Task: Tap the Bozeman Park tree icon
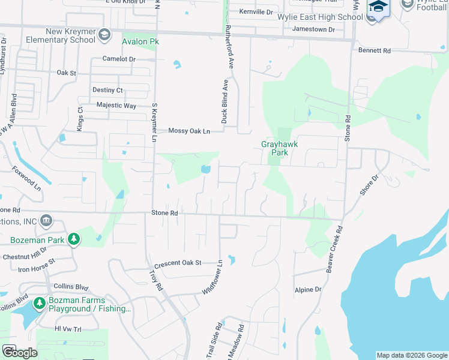point(74,239)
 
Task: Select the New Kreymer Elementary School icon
point(104,35)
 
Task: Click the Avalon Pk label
point(140,42)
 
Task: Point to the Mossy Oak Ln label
point(189,131)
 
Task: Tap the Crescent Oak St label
point(177,263)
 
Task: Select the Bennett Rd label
point(373,51)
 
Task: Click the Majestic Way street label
point(116,106)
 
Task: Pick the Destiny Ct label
point(107,90)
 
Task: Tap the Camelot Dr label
point(119,59)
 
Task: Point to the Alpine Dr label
point(308,290)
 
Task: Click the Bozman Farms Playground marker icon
point(40,304)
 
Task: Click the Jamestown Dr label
point(313,29)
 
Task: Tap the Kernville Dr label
point(256,12)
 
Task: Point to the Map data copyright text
point(412,355)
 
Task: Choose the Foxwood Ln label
point(27,179)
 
